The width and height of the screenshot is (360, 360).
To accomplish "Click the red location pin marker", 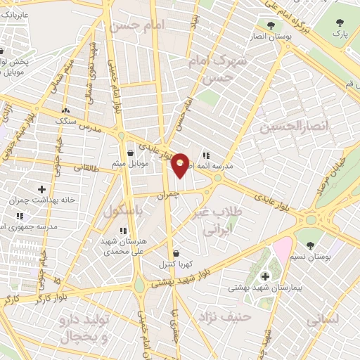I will [181, 165].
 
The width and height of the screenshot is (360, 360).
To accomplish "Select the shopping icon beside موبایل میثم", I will [130, 152].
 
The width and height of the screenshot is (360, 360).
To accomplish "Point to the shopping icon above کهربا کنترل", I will [175, 254].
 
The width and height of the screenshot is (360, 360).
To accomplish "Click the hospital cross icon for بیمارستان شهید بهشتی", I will [264, 276].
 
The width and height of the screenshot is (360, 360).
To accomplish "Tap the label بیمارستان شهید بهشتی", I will [264, 288].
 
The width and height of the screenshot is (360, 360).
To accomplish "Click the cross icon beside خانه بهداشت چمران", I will [42, 189].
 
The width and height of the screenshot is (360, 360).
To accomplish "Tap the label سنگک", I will [65, 120].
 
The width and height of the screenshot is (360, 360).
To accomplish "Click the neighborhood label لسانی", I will [324, 319].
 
